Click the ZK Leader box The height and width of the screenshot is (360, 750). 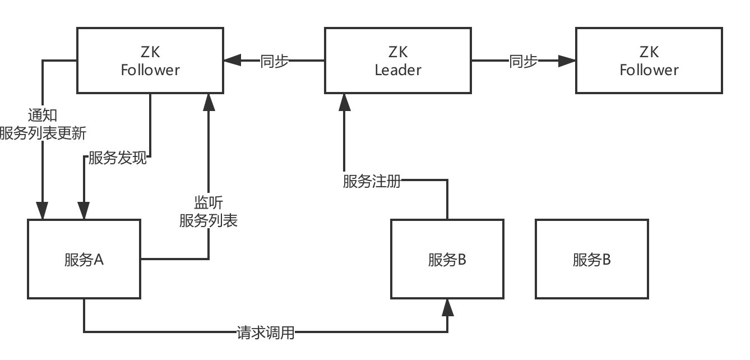[x=397, y=61]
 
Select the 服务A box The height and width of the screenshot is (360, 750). [x=84, y=259]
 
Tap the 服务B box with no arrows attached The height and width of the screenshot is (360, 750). [x=591, y=259]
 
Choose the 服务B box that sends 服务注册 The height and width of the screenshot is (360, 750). [x=447, y=259]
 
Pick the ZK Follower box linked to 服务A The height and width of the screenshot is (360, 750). [x=150, y=61]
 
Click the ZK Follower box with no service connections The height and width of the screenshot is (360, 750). [x=649, y=61]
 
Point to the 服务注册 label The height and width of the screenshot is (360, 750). [x=372, y=181]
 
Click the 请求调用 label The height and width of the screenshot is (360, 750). [x=265, y=333]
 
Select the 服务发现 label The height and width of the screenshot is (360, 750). [x=118, y=158]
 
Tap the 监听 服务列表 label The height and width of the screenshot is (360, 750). [x=209, y=211]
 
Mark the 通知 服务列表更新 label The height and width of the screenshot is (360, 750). [x=43, y=124]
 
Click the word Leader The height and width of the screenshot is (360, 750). [x=397, y=70]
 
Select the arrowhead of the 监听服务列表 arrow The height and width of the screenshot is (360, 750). [x=209, y=101]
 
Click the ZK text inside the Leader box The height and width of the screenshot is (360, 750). [x=397, y=52]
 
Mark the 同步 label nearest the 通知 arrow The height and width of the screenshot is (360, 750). [x=274, y=61]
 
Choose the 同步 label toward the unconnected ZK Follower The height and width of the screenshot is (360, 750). [x=523, y=61]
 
